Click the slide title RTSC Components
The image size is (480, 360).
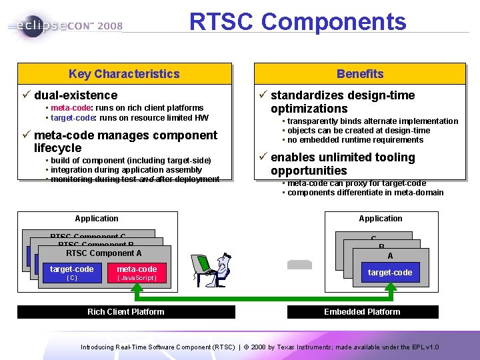click(297, 22)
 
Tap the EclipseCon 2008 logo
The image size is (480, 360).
click(65, 26)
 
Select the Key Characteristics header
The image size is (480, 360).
click(124, 74)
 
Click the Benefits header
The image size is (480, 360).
click(359, 74)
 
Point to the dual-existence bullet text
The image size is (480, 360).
click(75, 95)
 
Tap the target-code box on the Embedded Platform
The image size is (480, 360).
click(390, 272)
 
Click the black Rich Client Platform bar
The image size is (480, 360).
click(125, 311)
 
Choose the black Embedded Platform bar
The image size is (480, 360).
click(362, 311)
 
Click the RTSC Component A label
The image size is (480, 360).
click(103, 253)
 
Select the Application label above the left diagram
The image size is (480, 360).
click(97, 219)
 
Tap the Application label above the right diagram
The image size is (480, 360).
click(380, 219)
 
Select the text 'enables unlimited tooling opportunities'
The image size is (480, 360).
click(343, 164)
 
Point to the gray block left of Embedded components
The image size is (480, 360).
click(299, 264)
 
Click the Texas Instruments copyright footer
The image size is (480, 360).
click(259, 347)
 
